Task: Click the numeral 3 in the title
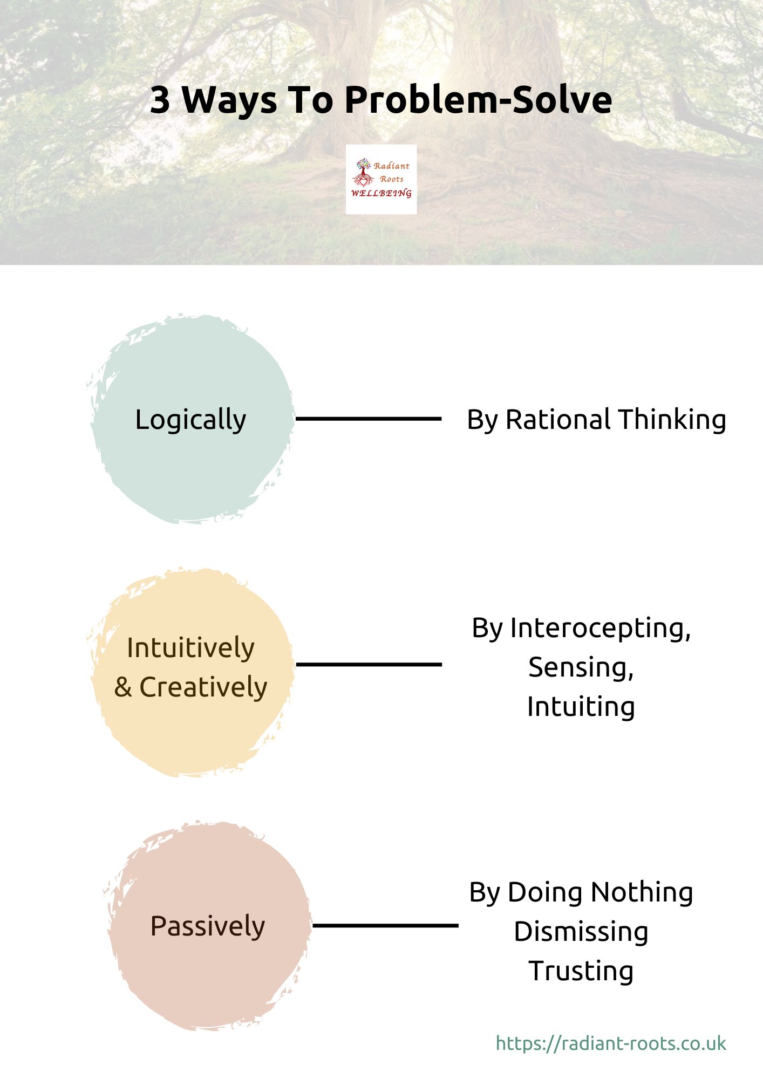pos(160,100)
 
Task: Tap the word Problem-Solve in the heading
pos(478,100)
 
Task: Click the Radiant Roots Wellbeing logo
pos(381,179)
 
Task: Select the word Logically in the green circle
pos(190,420)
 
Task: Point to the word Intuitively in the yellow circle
pos(190,647)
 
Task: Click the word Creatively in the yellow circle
pos(203,687)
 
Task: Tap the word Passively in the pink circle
pos(208,926)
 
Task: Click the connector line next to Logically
pos(369,419)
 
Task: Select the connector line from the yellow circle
pos(369,664)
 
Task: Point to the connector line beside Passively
pos(385,925)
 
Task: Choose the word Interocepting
pos(600,629)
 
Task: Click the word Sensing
pos(581,668)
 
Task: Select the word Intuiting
pos(581,707)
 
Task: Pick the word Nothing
pos(642,892)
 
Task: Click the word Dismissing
pos(581,932)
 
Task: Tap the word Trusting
pos(581,971)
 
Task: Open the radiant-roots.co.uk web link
pos(611,1043)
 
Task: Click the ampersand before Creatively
pos(123,687)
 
